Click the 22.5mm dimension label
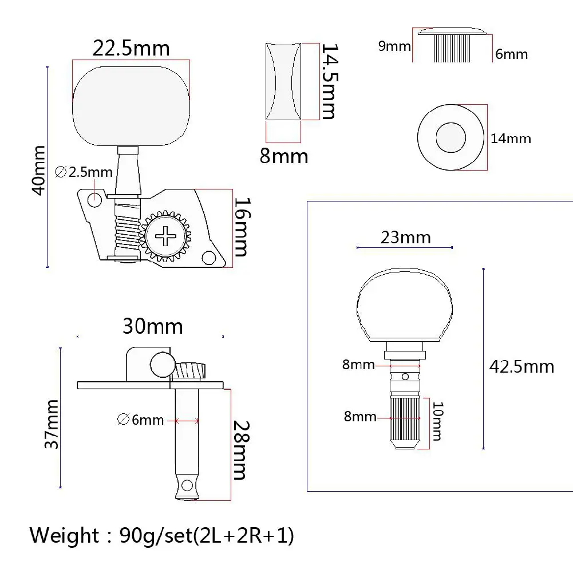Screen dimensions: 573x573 [x=131, y=48]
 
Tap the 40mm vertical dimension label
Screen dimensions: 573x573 [x=39, y=170]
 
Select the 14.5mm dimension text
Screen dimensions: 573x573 [x=329, y=81]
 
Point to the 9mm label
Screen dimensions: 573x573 [x=394, y=46]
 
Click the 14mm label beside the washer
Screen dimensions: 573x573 [x=511, y=139]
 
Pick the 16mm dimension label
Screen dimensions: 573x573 [x=242, y=227]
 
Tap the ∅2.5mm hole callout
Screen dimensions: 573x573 [x=84, y=172]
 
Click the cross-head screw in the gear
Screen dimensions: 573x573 [x=166, y=236]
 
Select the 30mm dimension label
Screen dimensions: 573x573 [x=152, y=326]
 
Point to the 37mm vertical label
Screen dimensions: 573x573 [x=52, y=424]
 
